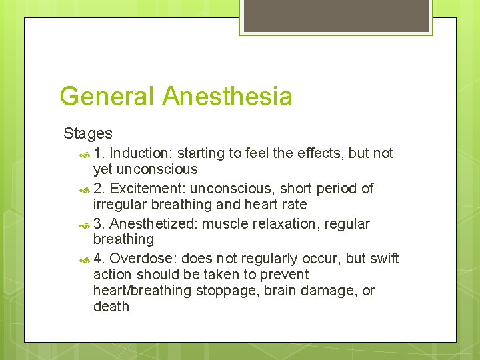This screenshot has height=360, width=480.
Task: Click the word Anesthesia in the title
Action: tap(227, 97)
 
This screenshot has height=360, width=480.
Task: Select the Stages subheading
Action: tap(88, 133)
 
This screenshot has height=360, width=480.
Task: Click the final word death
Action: tap(111, 307)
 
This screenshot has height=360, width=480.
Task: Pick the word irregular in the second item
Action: tap(119, 205)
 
